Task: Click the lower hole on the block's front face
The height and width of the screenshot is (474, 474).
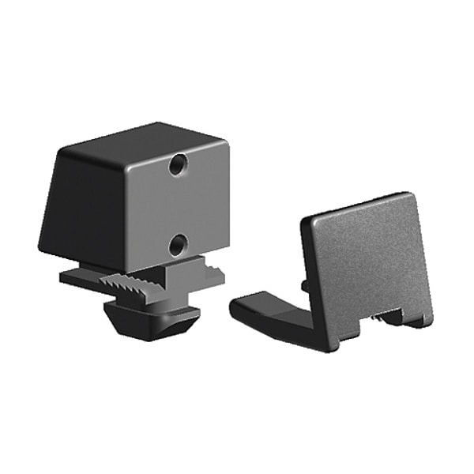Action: tap(177, 245)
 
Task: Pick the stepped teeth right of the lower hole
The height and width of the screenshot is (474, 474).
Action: tap(209, 269)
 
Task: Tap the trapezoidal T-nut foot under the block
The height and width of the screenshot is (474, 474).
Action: tap(154, 316)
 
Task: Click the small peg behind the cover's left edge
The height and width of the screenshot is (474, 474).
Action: tap(304, 283)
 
